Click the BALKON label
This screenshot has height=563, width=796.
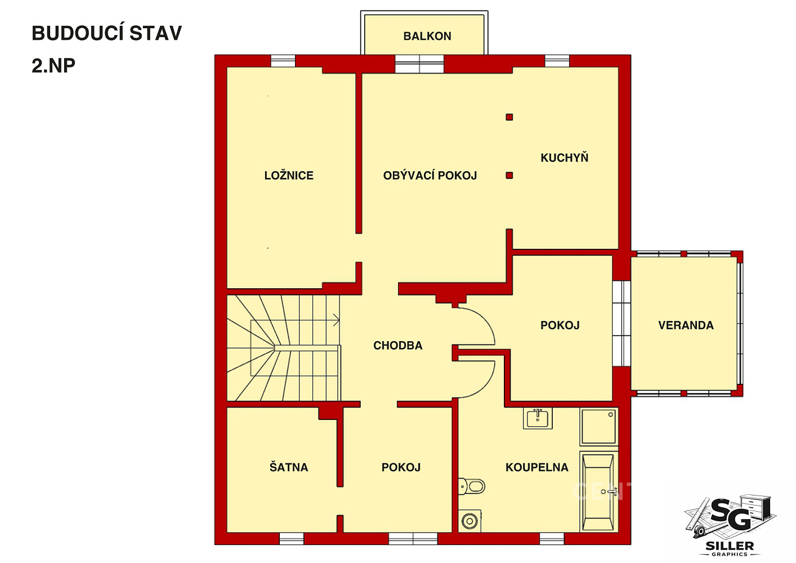[x=427, y=36]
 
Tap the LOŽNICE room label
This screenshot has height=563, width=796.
[x=289, y=175]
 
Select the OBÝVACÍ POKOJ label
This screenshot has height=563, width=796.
[x=430, y=175]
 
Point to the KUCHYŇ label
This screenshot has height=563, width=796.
[x=564, y=158]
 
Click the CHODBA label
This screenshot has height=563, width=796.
[x=398, y=346]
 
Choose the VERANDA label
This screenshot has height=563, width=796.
[x=686, y=325]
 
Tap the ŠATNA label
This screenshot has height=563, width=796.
[x=289, y=467]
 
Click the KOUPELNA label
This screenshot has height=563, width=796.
[x=537, y=467]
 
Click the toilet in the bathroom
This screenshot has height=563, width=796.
[x=472, y=486]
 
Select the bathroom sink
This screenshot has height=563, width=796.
[x=538, y=418]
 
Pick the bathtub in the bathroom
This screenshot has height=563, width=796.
[x=599, y=492]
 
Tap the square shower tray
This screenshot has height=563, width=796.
[x=599, y=427]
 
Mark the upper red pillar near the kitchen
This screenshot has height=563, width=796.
[x=509, y=117]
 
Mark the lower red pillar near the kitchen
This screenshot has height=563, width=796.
[x=509, y=175]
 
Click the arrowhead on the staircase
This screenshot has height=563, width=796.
[x=337, y=320]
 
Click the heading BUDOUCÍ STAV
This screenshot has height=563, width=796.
[x=107, y=33]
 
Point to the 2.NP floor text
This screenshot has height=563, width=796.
[x=53, y=65]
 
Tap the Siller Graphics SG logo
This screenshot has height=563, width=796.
[x=730, y=525]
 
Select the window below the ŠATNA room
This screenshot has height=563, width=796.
[x=292, y=538]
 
